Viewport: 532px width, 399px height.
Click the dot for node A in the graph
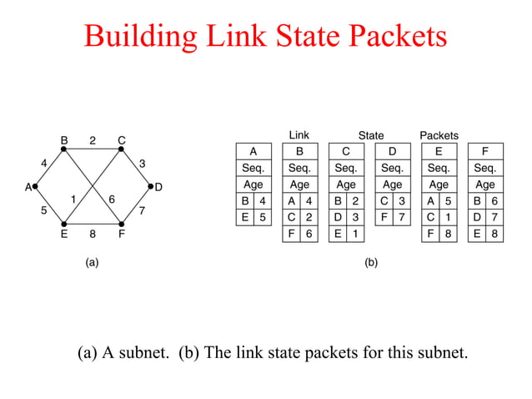coord(35,187)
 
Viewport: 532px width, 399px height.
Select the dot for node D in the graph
coord(150,187)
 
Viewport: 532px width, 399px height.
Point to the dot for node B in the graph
coord(63,149)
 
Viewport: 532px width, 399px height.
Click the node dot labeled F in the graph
coord(122,224)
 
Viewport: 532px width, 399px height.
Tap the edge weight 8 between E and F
coord(93,235)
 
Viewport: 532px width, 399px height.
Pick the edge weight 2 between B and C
coord(93,140)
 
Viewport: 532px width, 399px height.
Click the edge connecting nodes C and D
coord(136,168)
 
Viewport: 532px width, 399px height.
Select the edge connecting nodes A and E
coord(49,205)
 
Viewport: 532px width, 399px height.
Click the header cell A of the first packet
coord(253,152)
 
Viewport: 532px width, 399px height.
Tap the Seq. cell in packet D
coord(392,168)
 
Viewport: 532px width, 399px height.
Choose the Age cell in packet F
coord(484,184)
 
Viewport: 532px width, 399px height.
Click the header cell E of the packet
coord(439,152)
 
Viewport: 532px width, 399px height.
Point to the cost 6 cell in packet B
coord(308,235)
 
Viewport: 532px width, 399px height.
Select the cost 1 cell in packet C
coord(354,235)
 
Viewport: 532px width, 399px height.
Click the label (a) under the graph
coord(93,262)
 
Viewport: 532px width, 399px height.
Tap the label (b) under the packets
coord(371,262)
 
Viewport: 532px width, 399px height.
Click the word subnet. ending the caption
coord(438,352)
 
